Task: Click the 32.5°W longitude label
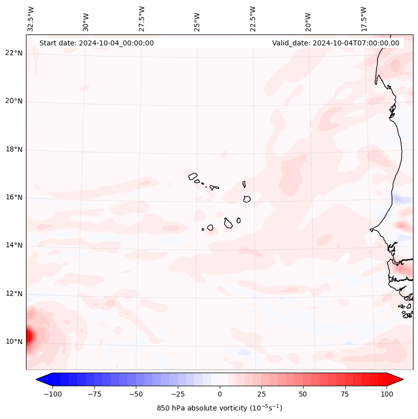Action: tap(31, 18)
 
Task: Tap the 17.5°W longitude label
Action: tap(364, 18)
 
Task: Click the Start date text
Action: tap(96, 43)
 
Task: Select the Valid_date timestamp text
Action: tap(336, 43)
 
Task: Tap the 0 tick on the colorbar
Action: tap(219, 394)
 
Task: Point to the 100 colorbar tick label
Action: tap(386, 394)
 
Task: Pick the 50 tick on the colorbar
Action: tap(303, 394)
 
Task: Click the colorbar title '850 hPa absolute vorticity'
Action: tap(219, 408)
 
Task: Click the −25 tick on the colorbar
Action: tap(178, 394)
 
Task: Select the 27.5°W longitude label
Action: tap(142, 18)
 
